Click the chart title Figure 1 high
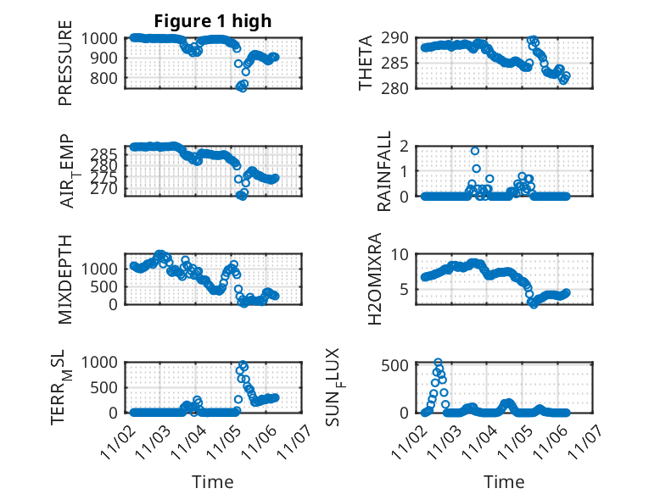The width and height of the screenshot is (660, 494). coord(212,21)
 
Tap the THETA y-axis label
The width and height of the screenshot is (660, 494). coord(366,62)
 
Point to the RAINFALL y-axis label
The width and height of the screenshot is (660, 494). coord(384,170)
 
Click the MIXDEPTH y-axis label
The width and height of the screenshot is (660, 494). coord(65,279)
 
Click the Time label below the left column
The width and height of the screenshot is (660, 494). coord(212,481)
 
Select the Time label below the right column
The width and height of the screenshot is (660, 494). coord(504,481)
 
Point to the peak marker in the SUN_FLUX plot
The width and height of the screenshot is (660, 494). coord(439,363)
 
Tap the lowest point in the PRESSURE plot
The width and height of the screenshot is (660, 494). coord(242,87)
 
